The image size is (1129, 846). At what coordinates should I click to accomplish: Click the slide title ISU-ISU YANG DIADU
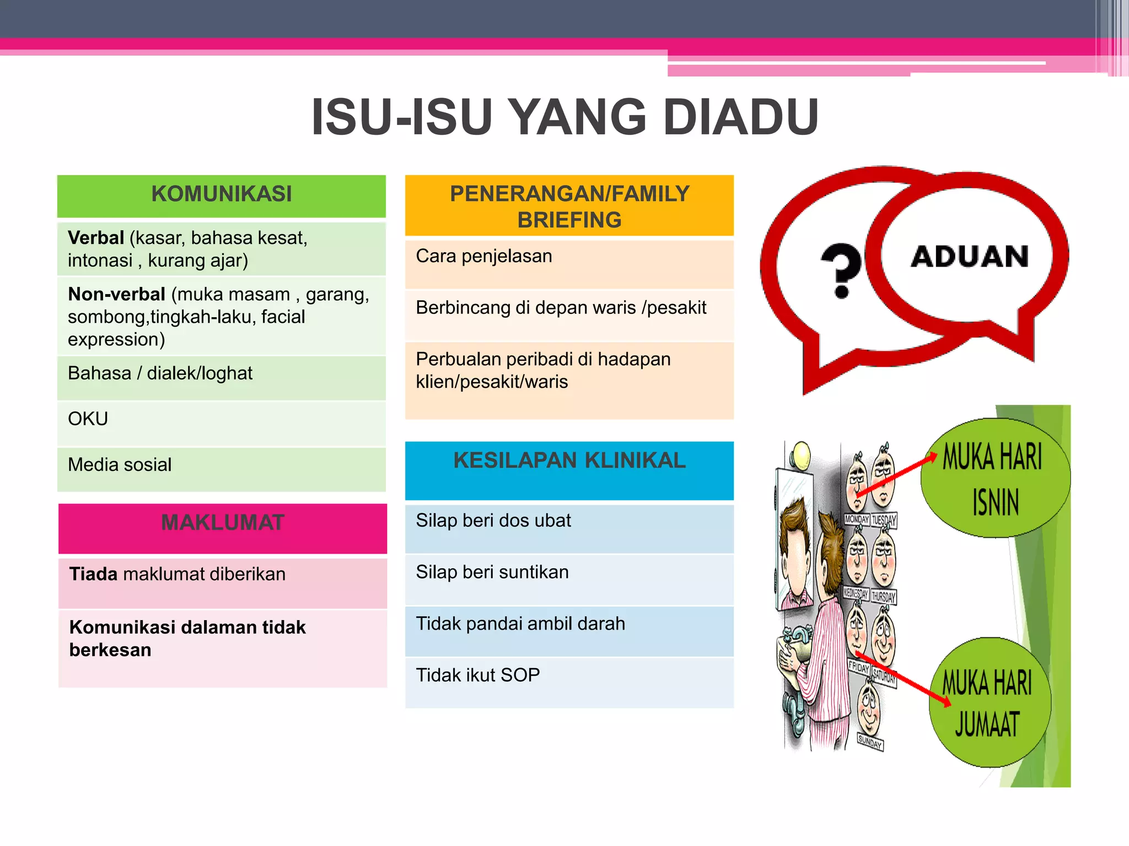coord(564,117)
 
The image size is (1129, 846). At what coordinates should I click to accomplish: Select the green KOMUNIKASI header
coord(221,194)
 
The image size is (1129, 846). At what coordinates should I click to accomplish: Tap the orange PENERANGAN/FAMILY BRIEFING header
coord(569,206)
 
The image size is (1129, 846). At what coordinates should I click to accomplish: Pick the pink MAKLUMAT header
coord(222,523)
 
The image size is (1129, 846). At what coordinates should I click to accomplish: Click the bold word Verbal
coord(96,238)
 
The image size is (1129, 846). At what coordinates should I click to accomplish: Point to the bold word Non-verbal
coord(116,294)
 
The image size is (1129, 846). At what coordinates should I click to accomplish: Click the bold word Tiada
coord(93,574)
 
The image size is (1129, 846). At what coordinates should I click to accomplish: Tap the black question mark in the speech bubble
coord(841,270)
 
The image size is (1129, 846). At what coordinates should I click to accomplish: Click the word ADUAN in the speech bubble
coord(970,257)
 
